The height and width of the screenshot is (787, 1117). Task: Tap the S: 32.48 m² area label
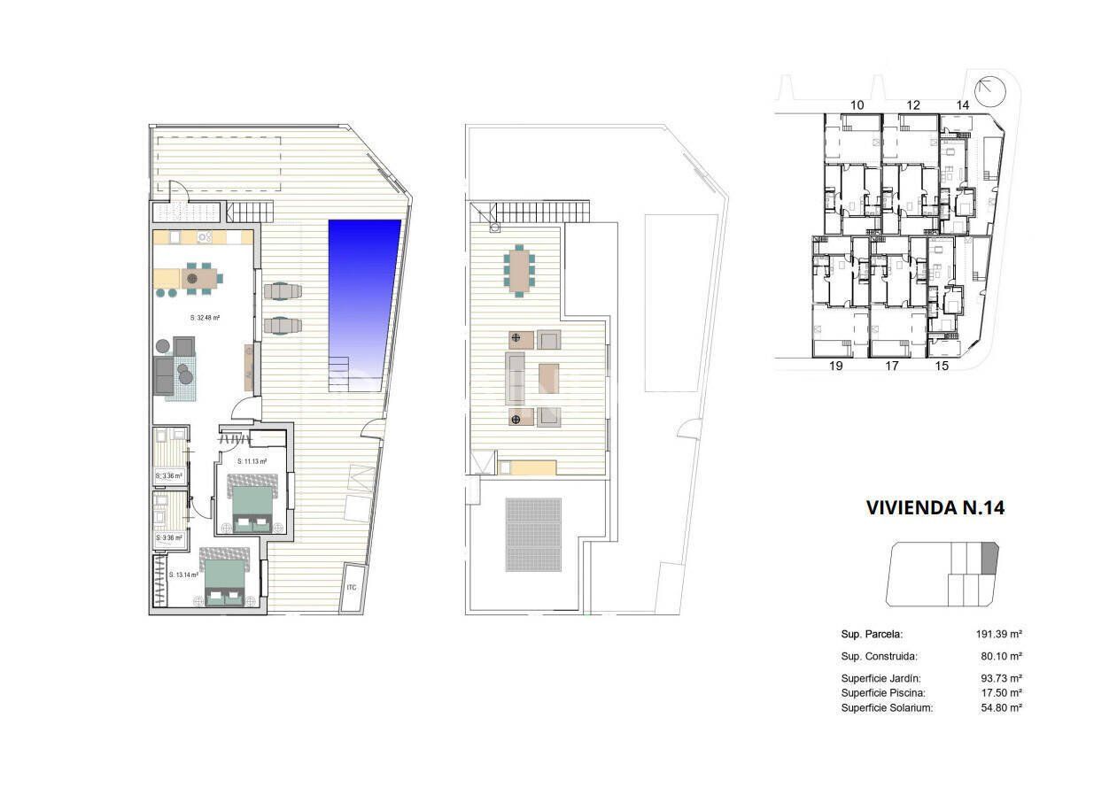tap(205, 317)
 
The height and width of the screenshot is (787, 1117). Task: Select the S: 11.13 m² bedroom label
tap(252, 461)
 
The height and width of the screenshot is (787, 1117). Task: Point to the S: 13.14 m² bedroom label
tap(183, 575)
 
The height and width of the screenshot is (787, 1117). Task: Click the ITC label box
tap(352, 587)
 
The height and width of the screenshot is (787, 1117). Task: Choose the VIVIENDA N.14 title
tap(935, 508)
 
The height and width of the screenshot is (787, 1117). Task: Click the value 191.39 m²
tap(999, 635)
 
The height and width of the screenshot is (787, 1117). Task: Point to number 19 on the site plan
tap(835, 365)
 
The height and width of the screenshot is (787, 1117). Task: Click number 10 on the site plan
tap(857, 105)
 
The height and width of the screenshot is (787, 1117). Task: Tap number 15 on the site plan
tap(942, 365)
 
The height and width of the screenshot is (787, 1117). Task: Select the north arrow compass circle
tap(989, 90)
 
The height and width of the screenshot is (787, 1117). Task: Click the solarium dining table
tap(519, 269)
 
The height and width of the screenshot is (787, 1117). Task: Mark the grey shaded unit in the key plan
tap(989, 559)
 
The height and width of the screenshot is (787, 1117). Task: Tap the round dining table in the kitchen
tap(192, 278)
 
